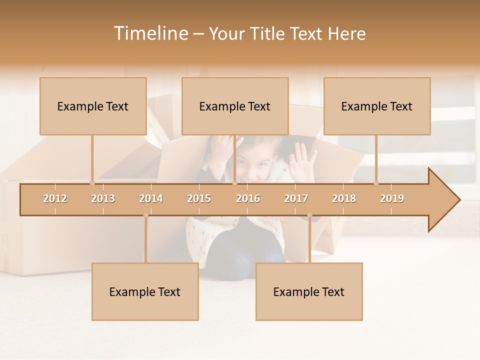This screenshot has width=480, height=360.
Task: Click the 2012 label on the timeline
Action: [x=55, y=198]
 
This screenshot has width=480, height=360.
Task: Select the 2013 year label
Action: [x=103, y=198]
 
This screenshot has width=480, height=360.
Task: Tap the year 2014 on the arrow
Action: [x=151, y=198]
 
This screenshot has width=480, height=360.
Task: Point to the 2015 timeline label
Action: [x=199, y=198]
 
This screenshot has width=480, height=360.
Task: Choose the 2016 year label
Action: [x=248, y=198]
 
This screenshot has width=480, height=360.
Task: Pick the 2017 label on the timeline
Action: [x=296, y=198]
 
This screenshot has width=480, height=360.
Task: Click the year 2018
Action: [x=344, y=198]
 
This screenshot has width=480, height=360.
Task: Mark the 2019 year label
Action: [x=392, y=198]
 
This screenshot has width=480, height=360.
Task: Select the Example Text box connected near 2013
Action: [x=93, y=106]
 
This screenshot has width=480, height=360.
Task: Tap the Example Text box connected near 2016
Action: [x=235, y=106]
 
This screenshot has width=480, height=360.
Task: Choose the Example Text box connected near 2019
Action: [x=377, y=106]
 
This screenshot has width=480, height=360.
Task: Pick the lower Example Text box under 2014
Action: [x=145, y=291]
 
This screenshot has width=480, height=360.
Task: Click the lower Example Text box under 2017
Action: [x=309, y=291]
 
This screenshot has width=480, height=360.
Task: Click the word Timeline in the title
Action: [x=150, y=33]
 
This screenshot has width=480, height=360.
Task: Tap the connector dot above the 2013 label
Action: [x=92, y=183]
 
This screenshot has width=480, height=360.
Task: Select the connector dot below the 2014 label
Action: [x=145, y=215]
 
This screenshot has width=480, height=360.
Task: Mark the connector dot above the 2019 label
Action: [x=376, y=183]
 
